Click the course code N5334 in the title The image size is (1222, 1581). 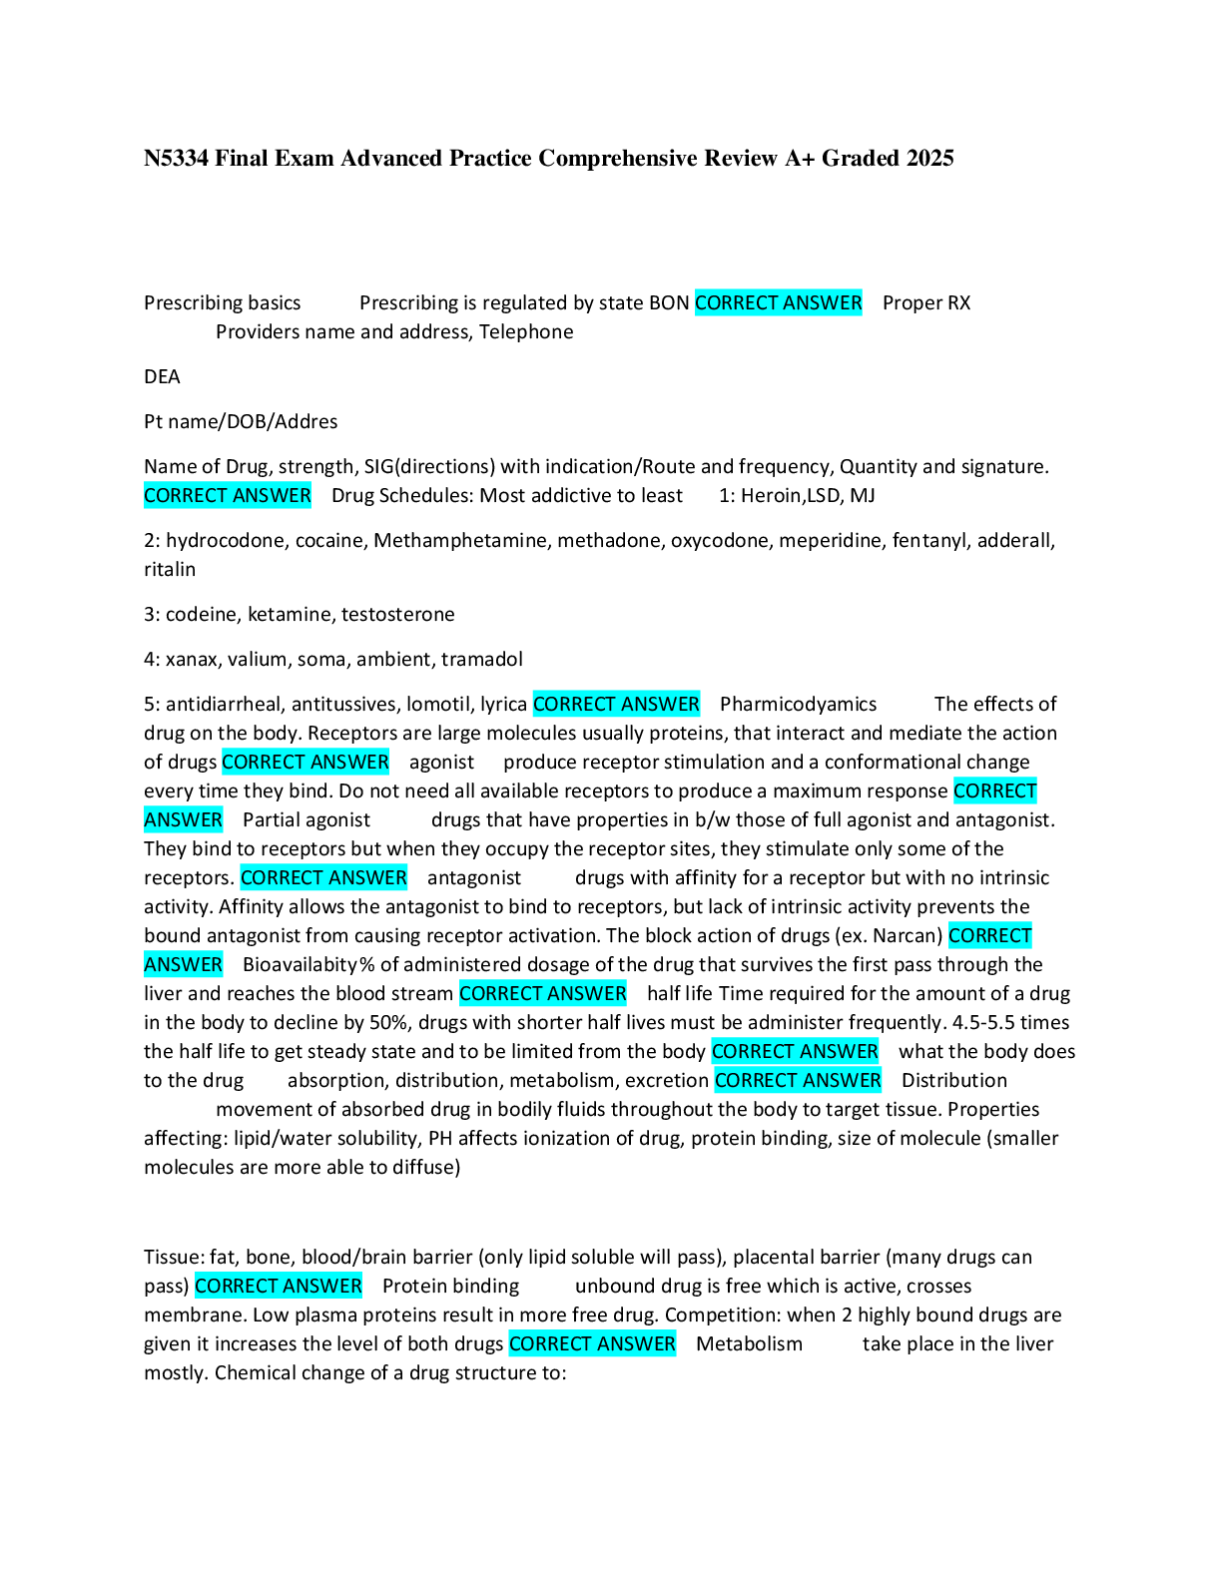[176, 159]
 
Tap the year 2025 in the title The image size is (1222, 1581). [929, 159]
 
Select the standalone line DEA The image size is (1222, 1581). [162, 377]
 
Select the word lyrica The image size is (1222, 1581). [503, 705]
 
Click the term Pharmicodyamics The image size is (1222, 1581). [798, 705]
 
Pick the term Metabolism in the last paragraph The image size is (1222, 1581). [749, 1344]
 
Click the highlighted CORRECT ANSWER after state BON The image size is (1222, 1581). [778, 303]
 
